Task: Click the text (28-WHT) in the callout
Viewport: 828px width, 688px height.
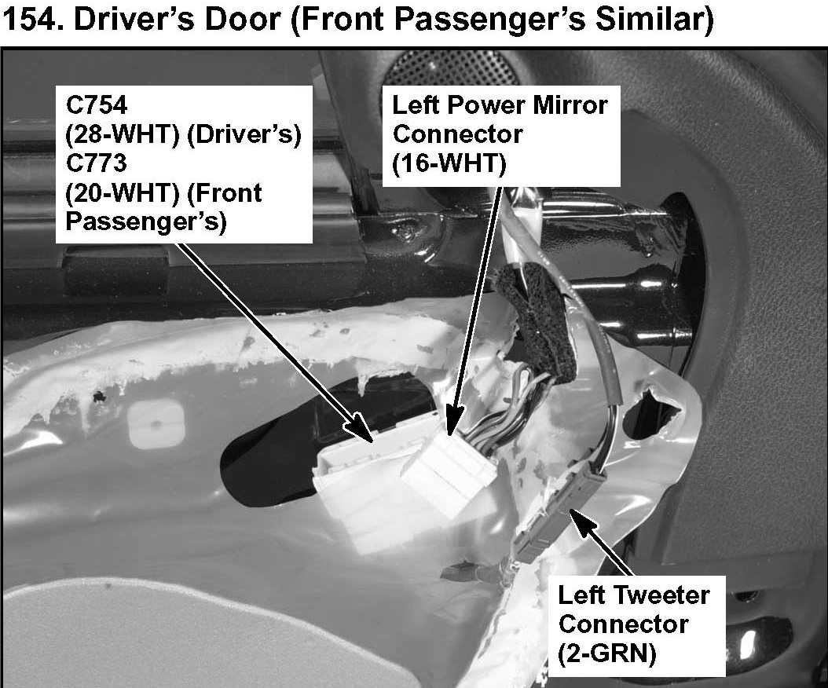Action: (112, 135)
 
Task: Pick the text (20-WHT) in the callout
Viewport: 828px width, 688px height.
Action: (112, 193)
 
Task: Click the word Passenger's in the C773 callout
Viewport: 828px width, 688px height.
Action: (146, 221)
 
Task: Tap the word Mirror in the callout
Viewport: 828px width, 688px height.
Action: (565, 104)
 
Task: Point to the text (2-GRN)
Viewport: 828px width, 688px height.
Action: (607, 653)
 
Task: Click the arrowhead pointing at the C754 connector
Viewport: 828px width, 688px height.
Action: (368, 434)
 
